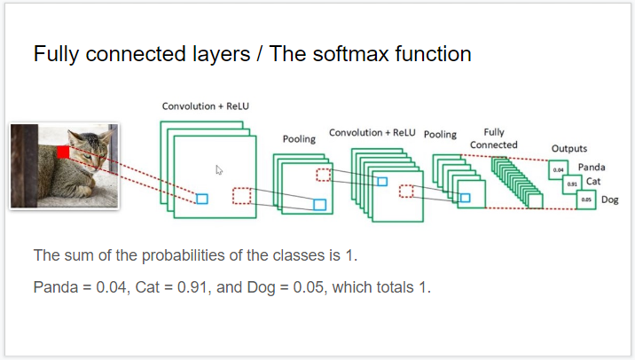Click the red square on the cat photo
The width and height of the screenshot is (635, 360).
63,153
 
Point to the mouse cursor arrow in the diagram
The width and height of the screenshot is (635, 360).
219,169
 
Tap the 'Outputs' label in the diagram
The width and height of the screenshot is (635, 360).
568,148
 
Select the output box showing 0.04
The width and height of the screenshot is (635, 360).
558,168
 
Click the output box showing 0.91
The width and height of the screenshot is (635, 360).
572,184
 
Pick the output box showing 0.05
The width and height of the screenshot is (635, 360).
585,200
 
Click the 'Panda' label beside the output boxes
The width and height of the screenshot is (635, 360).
592,167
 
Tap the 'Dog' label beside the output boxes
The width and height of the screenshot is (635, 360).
610,200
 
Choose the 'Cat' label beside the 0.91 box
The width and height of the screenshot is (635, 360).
594,181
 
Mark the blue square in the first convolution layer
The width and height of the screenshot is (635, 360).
201,199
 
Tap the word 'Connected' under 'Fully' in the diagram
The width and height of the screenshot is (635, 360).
494,145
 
